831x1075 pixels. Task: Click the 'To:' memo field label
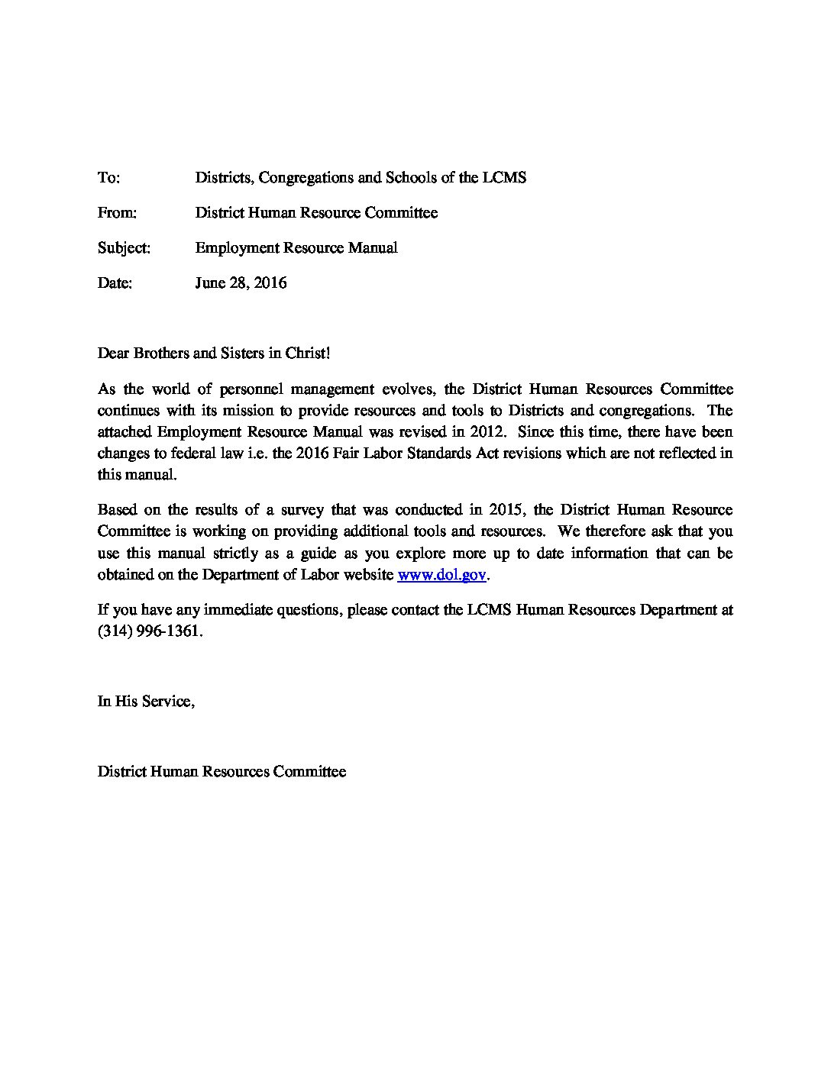point(108,178)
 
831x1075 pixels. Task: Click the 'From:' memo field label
point(117,213)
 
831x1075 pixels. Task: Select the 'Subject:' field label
point(124,248)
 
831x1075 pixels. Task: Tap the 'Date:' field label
point(115,283)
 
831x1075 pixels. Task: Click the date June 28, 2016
point(241,283)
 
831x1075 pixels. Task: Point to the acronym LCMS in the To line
point(504,178)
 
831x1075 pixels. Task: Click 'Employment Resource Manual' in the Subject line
point(296,248)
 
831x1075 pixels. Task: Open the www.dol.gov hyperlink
point(442,575)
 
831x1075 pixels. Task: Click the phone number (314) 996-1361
point(150,632)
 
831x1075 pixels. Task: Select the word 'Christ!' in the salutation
point(307,353)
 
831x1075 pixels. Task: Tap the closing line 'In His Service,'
point(146,701)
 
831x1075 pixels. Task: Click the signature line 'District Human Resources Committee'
point(221,772)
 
